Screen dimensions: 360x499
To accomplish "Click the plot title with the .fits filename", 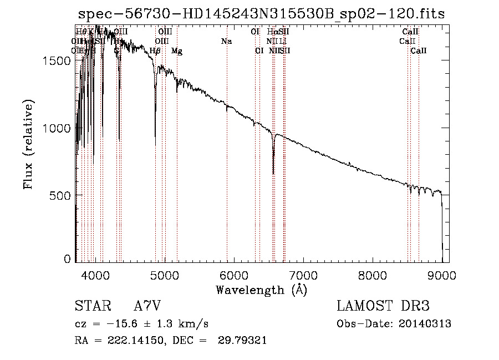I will [262, 14].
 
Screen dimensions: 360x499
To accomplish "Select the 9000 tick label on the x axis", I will [442, 275].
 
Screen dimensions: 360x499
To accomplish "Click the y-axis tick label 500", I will [62, 195].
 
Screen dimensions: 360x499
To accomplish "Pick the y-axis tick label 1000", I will [58, 128].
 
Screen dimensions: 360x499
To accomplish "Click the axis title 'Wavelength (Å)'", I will [261, 290].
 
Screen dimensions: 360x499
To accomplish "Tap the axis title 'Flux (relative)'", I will [29, 144].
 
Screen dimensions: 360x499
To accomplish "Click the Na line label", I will [226, 41].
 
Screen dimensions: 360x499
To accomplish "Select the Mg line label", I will [177, 51].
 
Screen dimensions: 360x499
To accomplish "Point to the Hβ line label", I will [155, 51].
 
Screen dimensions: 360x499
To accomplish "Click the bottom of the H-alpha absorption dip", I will [273, 173].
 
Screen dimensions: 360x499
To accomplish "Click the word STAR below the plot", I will [90, 306].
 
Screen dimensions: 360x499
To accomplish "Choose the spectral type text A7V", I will [147, 306].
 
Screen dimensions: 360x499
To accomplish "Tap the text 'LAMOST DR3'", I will [383, 306].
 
